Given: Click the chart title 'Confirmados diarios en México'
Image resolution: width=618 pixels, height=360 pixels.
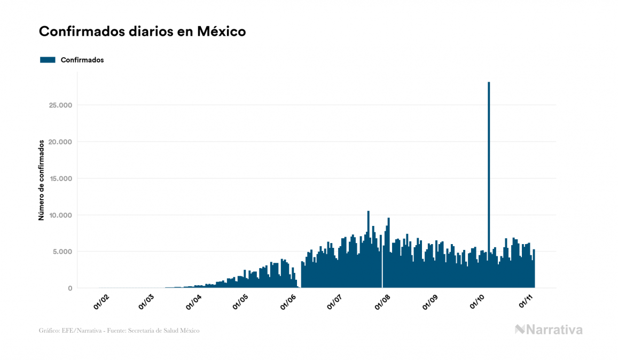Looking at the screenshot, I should click(142, 32).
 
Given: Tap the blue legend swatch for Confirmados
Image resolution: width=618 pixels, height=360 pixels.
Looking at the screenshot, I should click(48, 60).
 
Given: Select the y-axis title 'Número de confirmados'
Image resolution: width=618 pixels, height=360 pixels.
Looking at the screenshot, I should click(41, 180).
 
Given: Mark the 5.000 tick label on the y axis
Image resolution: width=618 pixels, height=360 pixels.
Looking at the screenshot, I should click(61, 252).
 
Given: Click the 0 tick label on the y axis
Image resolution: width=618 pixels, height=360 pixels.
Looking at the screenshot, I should click(69, 288).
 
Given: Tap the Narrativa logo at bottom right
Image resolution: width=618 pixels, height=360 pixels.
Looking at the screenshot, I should click(549, 330).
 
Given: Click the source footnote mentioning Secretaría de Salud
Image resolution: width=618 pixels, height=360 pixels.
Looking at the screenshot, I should click(119, 331).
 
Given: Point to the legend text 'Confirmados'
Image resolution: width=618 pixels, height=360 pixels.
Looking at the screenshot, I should click(82, 60).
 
